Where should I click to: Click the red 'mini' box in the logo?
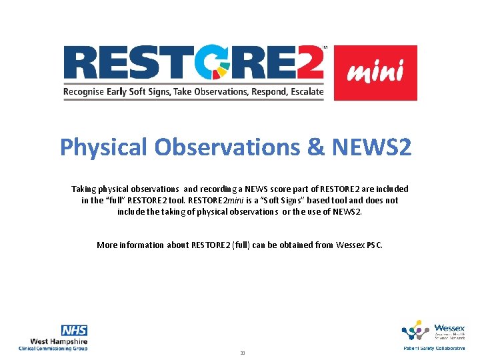375,73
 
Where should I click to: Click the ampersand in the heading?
315,147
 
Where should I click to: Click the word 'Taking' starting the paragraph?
84,189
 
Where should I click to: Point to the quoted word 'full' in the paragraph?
112,200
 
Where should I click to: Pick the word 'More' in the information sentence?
107,245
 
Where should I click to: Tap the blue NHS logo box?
74,331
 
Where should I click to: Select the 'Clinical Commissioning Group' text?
53,349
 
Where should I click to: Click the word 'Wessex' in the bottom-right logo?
450,327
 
